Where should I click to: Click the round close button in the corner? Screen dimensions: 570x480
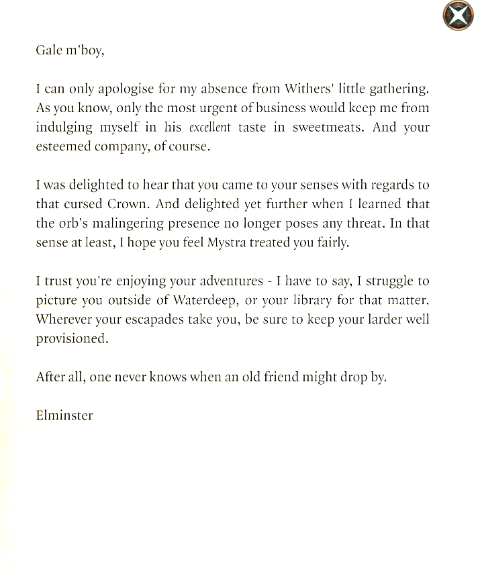[x=458, y=15]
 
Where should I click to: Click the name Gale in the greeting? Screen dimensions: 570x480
[x=48, y=50]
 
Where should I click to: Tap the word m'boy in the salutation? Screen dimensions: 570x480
[x=84, y=51]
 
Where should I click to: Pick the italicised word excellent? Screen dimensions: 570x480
[x=209, y=128]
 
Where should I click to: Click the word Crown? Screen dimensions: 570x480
[x=130, y=204]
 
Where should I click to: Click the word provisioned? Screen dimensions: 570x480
[x=72, y=339]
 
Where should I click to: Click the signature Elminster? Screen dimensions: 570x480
[x=64, y=415]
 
